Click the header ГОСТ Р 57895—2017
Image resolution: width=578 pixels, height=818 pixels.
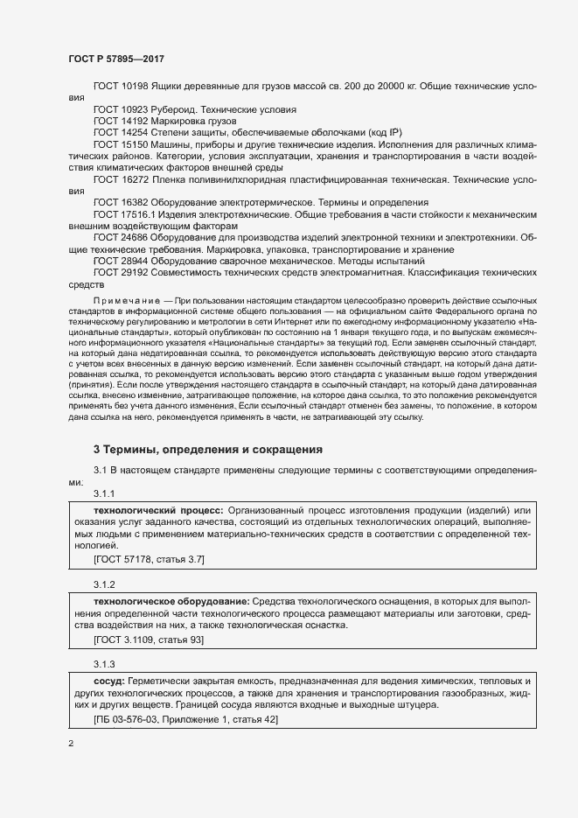[x=116, y=58]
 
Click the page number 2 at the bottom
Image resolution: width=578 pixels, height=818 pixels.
[x=71, y=744]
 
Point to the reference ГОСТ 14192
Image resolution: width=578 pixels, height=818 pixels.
[x=120, y=121]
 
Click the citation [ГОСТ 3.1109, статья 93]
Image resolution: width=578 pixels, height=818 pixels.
[x=148, y=640]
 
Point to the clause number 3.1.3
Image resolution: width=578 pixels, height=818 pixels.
[x=105, y=661]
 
